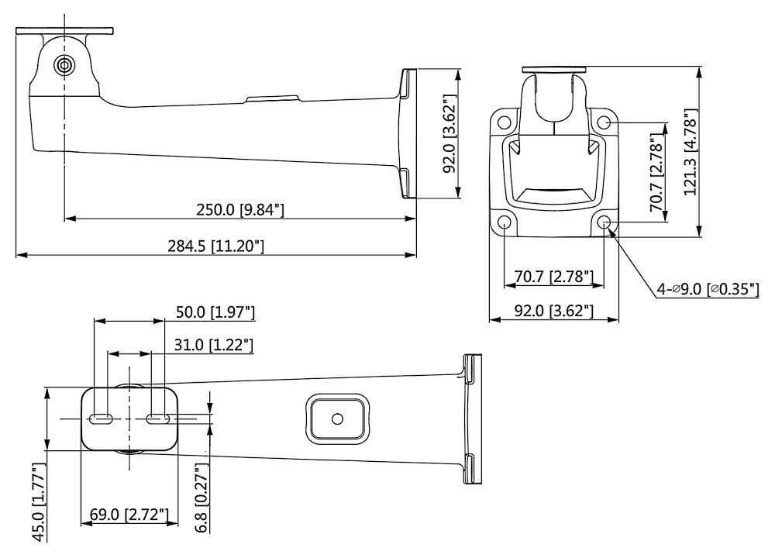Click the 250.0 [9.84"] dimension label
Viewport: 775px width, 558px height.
click(x=239, y=209)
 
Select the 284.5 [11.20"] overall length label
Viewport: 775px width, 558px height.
click(x=216, y=246)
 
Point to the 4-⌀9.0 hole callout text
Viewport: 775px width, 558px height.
click(x=708, y=290)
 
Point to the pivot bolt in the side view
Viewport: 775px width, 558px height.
click(x=63, y=64)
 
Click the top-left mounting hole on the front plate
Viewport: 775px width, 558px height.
click(x=505, y=122)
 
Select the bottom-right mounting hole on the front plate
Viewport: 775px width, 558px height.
click(x=604, y=223)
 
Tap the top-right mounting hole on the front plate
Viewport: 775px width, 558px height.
click(x=604, y=122)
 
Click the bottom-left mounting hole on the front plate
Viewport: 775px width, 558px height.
click(x=505, y=223)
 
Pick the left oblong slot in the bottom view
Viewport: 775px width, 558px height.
click(x=102, y=418)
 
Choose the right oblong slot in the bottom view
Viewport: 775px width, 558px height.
click(x=158, y=418)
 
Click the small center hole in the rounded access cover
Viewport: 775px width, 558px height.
click(x=336, y=418)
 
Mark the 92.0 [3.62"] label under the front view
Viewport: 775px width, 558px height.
click(x=555, y=312)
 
